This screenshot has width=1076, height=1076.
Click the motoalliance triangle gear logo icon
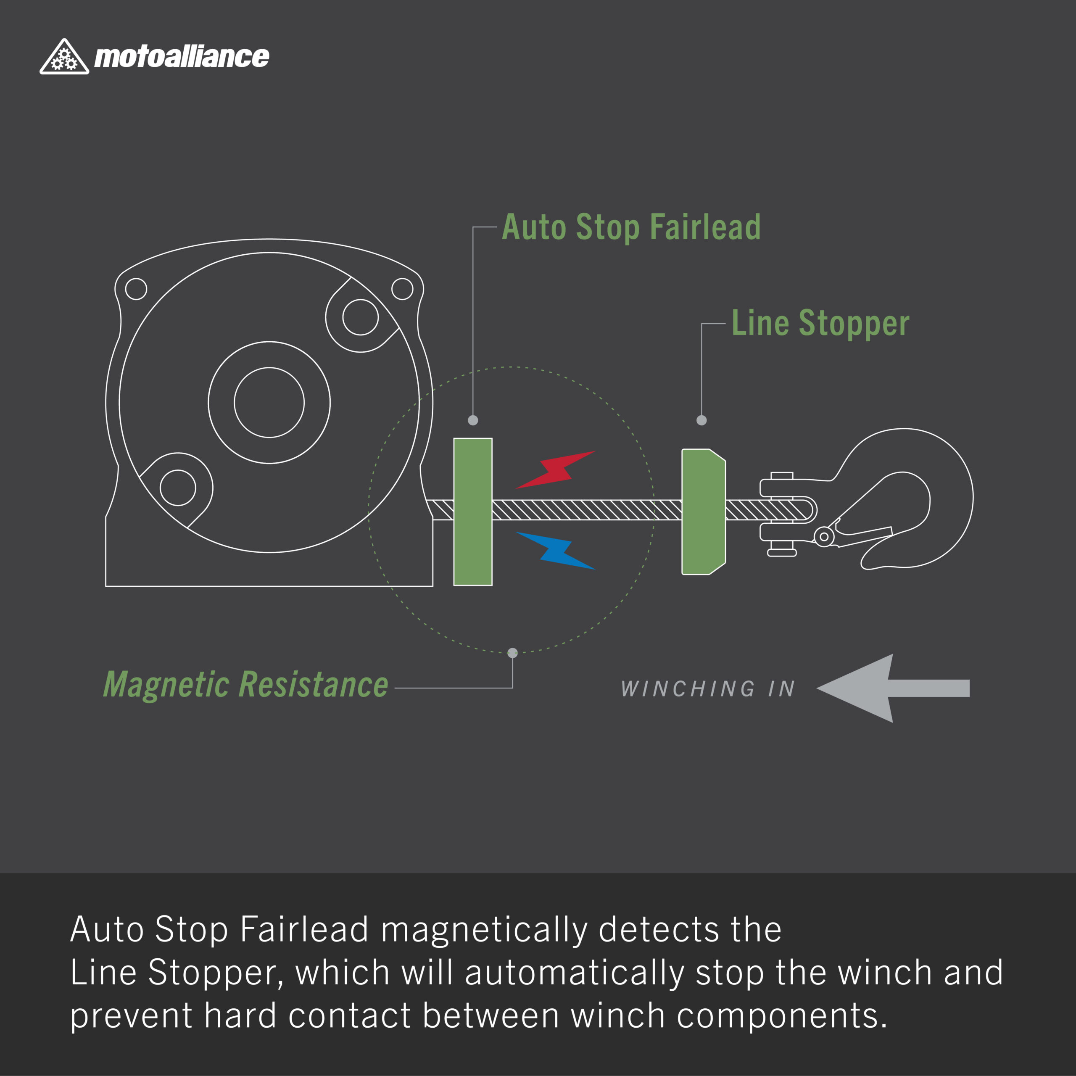pyautogui.click(x=64, y=57)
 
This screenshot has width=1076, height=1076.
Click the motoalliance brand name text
pyautogui.click(x=182, y=57)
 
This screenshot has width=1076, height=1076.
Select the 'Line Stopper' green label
pyautogui.click(x=820, y=324)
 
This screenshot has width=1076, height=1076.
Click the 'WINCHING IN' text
pyautogui.click(x=708, y=689)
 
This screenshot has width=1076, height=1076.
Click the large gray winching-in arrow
pyautogui.click(x=893, y=688)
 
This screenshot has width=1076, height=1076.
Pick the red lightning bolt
pyautogui.click(x=555, y=470)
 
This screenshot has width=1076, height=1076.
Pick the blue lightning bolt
pyautogui.click(x=556, y=550)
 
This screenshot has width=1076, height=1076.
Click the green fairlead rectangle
pyautogui.click(x=473, y=512)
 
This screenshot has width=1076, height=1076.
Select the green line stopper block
pyautogui.click(x=704, y=511)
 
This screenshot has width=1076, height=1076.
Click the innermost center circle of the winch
pyautogui.click(x=269, y=403)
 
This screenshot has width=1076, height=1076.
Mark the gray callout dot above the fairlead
pyautogui.click(x=473, y=420)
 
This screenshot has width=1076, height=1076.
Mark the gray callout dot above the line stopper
pyautogui.click(x=702, y=420)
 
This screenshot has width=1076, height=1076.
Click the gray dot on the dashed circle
pyautogui.click(x=512, y=653)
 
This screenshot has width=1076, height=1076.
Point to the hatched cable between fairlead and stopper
pyautogui.click(x=587, y=509)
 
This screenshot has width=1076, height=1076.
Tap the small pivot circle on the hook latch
pyautogui.click(x=824, y=537)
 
